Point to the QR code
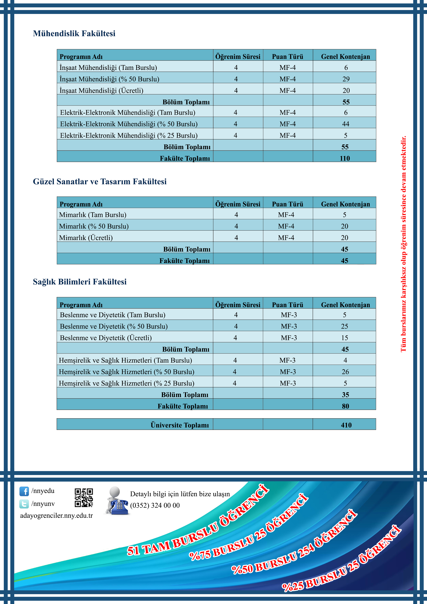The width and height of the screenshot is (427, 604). [84, 498]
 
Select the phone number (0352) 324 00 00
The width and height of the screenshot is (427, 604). [155, 505]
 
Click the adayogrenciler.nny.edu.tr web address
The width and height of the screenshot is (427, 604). [57, 516]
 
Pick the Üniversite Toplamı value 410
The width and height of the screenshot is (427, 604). [346, 425]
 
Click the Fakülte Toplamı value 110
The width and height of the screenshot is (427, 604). [345, 158]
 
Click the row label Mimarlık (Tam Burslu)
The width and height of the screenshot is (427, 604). [93, 215]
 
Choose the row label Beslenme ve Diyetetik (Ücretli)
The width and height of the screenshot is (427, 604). [106, 338]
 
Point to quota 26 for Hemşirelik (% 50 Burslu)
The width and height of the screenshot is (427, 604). [345, 372]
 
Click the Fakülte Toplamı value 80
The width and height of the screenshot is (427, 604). [345, 406]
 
